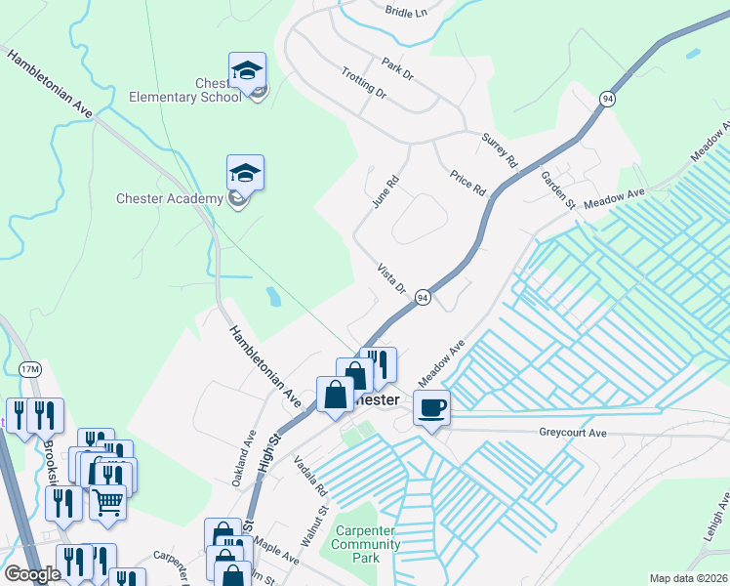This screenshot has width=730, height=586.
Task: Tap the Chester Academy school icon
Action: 245,173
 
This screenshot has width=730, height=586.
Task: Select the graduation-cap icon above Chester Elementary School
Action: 247,70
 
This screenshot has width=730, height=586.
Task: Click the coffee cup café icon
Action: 430,407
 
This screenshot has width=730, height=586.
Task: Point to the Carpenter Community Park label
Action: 367,544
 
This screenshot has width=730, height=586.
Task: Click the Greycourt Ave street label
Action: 573,432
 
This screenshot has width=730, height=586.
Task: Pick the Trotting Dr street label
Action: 364,83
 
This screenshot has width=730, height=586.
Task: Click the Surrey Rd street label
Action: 498,150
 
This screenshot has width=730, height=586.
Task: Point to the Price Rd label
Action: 467,182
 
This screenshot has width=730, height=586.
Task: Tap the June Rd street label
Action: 386,192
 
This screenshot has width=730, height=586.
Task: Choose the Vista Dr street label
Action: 390,276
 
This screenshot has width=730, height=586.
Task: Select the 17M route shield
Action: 30,369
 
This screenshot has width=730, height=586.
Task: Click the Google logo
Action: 32,574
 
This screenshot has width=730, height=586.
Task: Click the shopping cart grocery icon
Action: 107,502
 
